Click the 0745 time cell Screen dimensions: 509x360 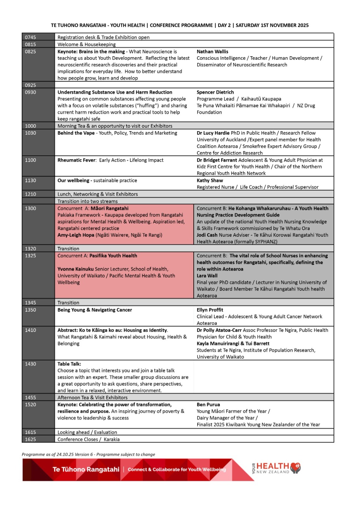[x=31, y=37]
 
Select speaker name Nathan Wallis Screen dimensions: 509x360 [x=212, y=52]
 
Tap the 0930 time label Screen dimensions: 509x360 [x=31, y=92]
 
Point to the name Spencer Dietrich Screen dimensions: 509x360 [x=215, y=92]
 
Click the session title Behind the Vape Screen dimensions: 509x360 [x=76, y=133]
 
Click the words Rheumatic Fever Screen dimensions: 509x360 [x=76, y=160]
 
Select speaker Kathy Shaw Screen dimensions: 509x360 [x=210, y=181]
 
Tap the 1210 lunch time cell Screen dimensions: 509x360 [x=31, y=194]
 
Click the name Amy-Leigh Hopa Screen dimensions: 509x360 [x=76, y=235]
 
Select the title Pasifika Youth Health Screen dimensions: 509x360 [x=113, y=256]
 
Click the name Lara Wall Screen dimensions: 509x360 [x=207, y=276]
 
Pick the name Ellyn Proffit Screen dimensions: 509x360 [x=210, y=310]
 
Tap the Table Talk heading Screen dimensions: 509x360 [x=69, y=364]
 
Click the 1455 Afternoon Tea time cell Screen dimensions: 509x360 [x=31, y=398]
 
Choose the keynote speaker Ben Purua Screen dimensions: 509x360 [x=208, y=405]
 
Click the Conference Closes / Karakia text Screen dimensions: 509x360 [x=88, y=439]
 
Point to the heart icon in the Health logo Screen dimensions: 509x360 [x=296, y=467]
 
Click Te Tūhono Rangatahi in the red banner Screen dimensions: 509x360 [x=86, y=469]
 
